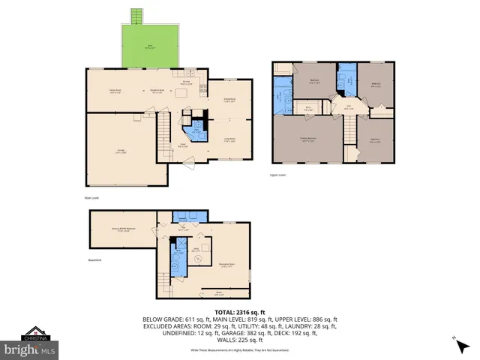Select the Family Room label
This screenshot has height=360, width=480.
tap(115, 91)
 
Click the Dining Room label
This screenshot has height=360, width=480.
tap(230, 99)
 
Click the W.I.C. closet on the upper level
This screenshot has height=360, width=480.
tap(308, 108)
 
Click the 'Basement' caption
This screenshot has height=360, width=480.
tap(94, 260)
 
